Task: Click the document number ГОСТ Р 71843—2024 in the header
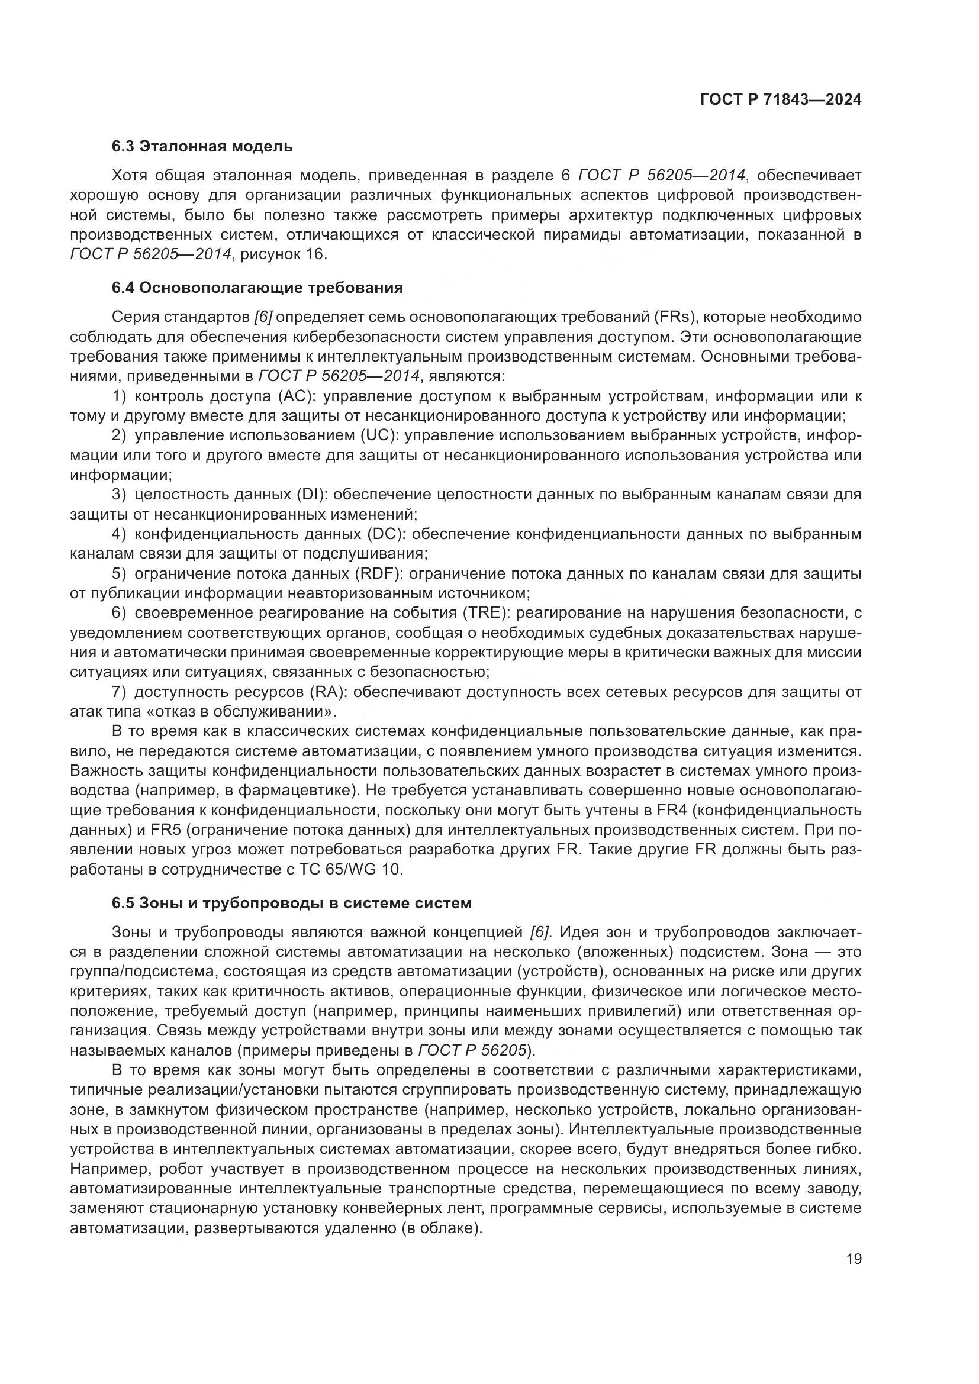tap(780, 99)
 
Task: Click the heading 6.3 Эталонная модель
tap(202, 147)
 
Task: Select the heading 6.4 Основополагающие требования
tap(257, 288)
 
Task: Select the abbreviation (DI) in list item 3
tap(310, 495)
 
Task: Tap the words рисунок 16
tap(283, 254)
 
